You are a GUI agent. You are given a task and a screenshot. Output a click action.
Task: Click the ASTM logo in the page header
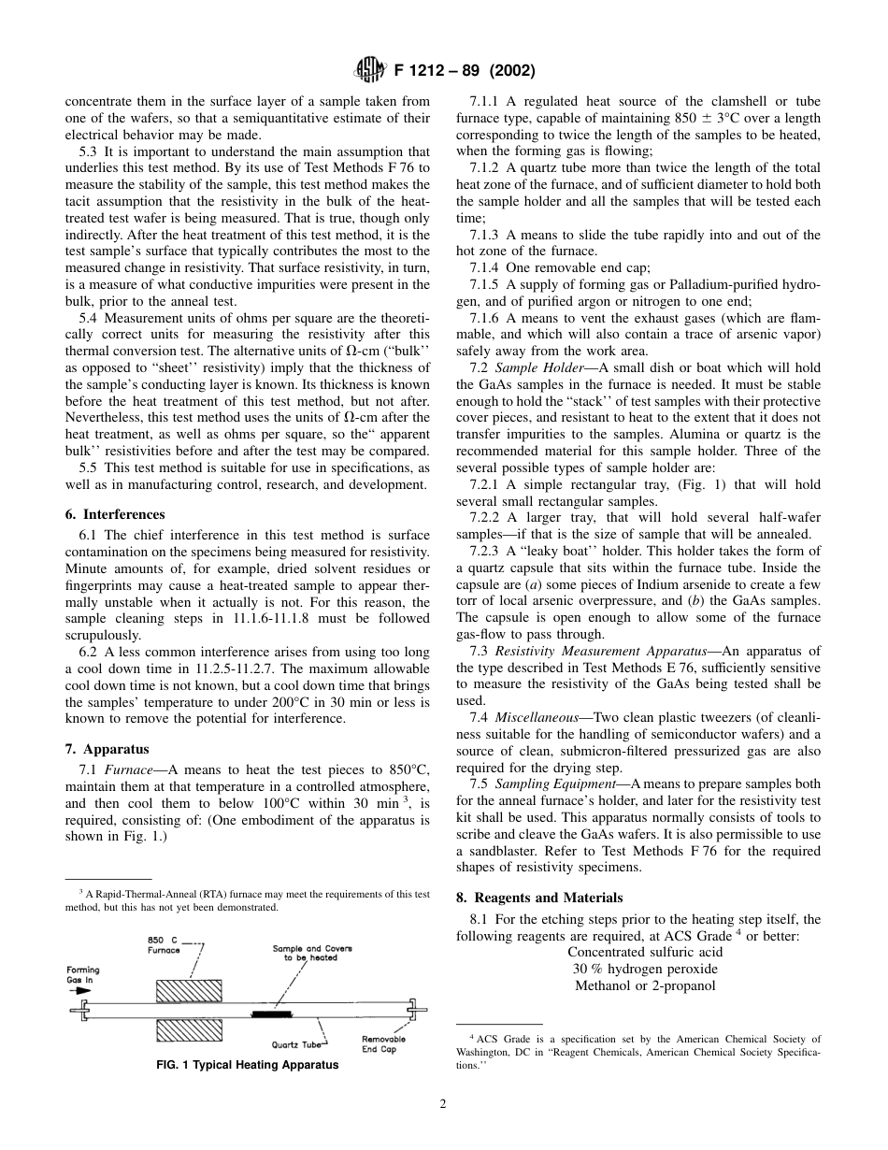pos(366,70)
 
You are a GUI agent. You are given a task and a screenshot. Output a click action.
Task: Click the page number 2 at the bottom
pos(443,1103)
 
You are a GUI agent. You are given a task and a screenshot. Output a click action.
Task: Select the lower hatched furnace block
pos(189,1030)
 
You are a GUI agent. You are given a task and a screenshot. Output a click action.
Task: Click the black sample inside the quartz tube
pos(268,1013)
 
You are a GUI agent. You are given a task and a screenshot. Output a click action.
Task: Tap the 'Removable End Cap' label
pos(383,1043)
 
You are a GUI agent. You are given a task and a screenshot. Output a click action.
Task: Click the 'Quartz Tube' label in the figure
pos(296,1044)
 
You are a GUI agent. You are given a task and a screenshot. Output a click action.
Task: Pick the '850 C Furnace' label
pos(165,944)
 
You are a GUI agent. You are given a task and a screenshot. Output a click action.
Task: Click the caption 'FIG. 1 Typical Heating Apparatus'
pos(247,1065)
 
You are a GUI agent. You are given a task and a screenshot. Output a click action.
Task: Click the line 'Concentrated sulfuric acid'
pos(646,952)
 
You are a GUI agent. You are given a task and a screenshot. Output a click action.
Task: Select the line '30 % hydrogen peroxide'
pos(646,969)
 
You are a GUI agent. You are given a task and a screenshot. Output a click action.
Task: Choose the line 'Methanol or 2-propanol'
pos(646,985)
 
